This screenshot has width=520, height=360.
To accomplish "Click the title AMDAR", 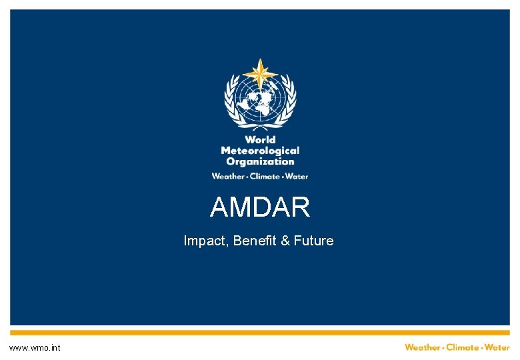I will click(260, 208).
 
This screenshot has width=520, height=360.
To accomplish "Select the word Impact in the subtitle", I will click(205, 241).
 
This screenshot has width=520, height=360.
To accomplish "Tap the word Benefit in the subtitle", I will click(255, 241).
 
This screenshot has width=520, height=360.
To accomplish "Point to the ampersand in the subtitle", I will click(285, 241).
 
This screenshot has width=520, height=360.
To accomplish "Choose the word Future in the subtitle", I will click(313, 241).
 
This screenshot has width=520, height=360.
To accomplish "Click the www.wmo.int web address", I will click(35, 348).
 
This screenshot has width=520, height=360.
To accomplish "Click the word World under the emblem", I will click(260, 140).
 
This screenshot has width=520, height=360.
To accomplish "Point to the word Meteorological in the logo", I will click(260, 151).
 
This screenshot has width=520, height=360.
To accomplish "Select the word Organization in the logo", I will click(260, 161).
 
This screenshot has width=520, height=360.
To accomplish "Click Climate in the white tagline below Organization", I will click(265, 176).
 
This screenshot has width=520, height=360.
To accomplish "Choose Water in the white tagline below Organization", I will click(297, 176).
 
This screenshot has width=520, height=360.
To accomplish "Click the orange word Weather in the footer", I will click(423, 347).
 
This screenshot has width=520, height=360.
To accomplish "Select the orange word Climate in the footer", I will click(462, 347).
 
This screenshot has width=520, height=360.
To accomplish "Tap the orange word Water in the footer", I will click(497, 347).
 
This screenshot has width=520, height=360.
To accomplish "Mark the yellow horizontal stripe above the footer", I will click(260, 332).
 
